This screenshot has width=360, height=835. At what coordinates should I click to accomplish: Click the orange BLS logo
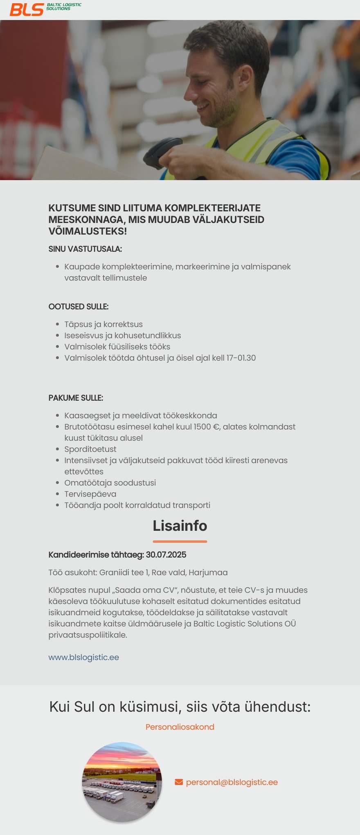point(27,9)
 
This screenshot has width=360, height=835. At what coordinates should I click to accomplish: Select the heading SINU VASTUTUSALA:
point(85,249)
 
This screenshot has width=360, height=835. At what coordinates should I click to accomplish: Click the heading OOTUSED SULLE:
point(78,307)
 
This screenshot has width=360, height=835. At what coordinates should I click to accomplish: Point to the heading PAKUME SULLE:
point(76,398)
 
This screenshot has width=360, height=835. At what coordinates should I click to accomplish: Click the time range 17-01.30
point(241,358)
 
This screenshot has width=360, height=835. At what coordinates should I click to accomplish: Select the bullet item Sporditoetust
point(90,449)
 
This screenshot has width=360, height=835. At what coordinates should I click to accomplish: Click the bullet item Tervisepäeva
point(90,494)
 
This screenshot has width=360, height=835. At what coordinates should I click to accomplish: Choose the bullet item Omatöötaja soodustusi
point(110,483)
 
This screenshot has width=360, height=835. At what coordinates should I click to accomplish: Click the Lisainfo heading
point(180,526)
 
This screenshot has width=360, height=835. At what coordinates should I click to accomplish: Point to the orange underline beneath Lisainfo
point(180,542)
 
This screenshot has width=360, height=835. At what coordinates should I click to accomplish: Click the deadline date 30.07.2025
point(166,555)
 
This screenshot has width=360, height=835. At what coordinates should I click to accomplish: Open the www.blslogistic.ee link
point(83,657)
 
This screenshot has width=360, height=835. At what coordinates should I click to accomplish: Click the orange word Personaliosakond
point(180,727)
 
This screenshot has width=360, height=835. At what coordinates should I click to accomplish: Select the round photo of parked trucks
point(122,782)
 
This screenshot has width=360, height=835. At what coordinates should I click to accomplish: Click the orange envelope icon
point(179,782)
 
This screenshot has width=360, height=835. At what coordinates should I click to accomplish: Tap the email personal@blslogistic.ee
point(232,782)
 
